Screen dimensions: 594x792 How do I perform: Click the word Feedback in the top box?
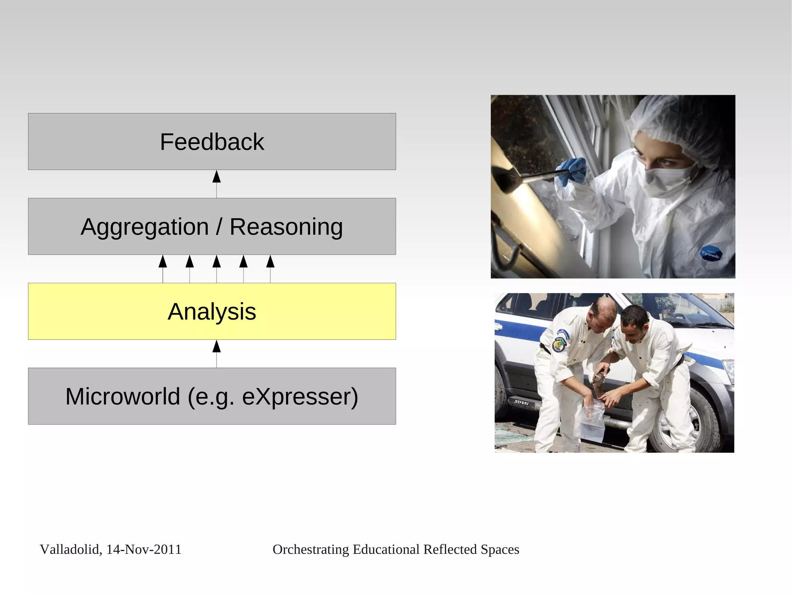pos(212,142)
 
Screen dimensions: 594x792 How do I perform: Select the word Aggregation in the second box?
pos(144,227)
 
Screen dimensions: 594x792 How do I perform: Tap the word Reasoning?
pos(286,227)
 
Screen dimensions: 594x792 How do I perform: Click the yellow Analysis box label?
pos(212,312)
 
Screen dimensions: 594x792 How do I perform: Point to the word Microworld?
pos(123,396)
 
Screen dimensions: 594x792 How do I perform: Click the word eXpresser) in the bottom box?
pos(300,396)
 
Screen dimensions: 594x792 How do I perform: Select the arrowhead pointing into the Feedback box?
pos(217,176)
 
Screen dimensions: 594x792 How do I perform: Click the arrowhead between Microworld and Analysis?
pos(217,346)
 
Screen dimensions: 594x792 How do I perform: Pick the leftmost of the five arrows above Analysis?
pos(163,262)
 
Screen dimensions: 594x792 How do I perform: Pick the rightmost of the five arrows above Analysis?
pos(270,262)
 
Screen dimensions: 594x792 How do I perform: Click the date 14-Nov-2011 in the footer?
pos(143,549)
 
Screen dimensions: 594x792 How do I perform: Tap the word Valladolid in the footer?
pos(70,549)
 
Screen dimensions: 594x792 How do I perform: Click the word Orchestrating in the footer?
pos(311,549)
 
